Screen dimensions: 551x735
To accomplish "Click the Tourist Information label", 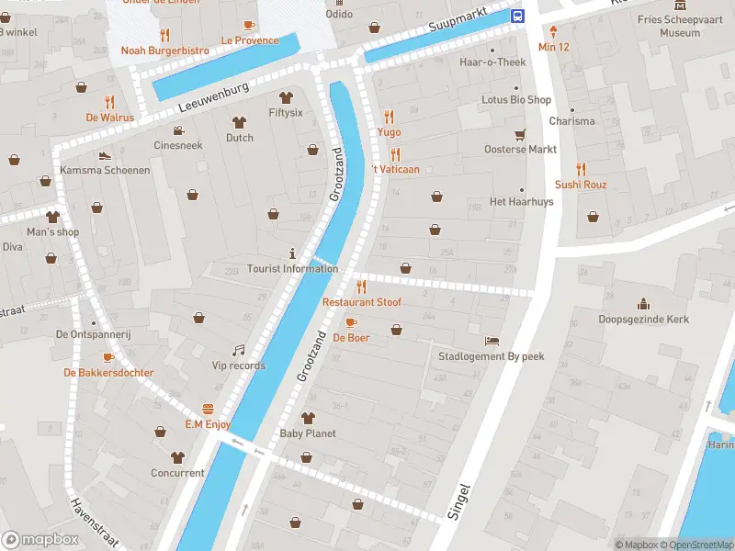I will [292, 269].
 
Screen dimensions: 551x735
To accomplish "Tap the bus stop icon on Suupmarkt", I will [518, 16].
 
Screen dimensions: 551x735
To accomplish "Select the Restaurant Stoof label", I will [361, 302].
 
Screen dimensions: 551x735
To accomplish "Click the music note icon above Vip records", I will [238, 350].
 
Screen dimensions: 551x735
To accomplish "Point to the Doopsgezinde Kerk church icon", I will [643, 304].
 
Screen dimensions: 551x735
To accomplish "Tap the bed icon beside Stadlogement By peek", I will [492, 341].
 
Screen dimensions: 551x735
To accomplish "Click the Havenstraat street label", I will [95, 523].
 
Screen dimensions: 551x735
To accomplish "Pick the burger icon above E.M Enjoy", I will [208, 409].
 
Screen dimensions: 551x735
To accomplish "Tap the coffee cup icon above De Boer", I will [350, 322].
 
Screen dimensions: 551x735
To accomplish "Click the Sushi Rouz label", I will [580, 185].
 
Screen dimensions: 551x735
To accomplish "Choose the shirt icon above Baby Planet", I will [308, 418].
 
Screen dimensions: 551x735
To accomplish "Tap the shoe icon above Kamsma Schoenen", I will [105, 155].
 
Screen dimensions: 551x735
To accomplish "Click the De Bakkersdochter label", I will [108, 373].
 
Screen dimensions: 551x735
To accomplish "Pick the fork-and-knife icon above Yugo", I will [389, 117].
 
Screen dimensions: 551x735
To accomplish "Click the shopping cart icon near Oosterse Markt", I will [520, 134].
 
